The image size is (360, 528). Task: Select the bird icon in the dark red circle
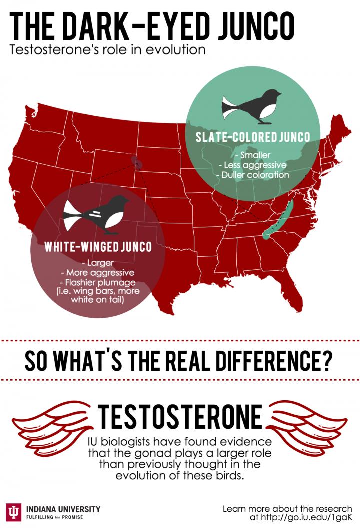coord(97,214)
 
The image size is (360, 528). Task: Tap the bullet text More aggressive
coord(97,273)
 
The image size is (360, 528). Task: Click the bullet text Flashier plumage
coord(97,283)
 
